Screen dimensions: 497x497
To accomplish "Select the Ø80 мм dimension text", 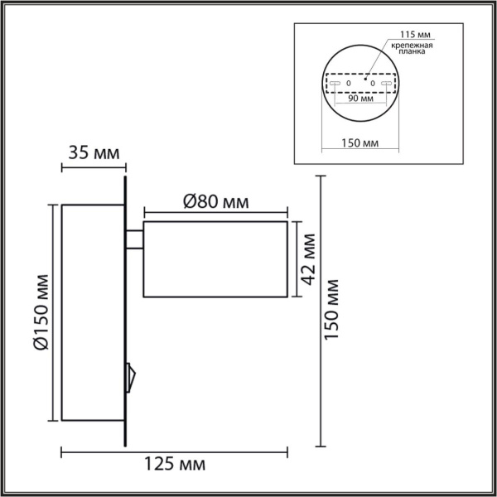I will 215,201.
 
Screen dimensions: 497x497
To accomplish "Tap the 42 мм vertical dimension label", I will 308,258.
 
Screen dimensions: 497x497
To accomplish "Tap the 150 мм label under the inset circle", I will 360,143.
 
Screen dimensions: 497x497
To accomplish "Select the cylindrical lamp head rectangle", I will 215,259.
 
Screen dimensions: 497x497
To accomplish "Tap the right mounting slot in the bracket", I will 386,84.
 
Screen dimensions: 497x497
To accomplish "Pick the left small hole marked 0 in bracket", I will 349,84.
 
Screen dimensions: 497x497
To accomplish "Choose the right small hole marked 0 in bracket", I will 373,84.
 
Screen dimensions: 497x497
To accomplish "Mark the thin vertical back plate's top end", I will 125,176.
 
